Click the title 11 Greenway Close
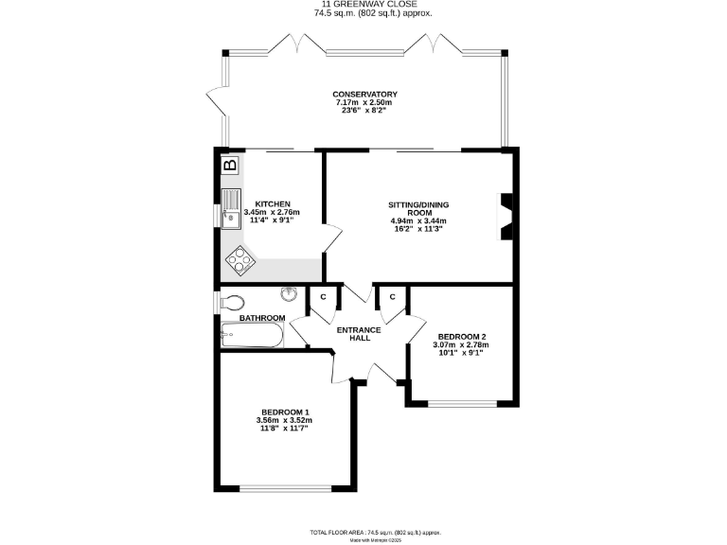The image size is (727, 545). (x=363, y=4)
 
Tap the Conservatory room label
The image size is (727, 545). (x=363, y=94)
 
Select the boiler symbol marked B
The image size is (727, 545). (x=229, y=167)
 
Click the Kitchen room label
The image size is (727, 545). (x=272, y=203)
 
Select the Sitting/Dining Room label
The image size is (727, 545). (x=417, y=210)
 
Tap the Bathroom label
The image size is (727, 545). (x=262, y=318)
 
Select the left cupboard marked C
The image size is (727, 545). (x=323, y=296)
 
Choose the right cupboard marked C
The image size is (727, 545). (x=391, y=296)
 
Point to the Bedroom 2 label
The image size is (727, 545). (x=463, y=336)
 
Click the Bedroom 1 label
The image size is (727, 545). (x=285, y=412)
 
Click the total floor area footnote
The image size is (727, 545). (x=363, y=534)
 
